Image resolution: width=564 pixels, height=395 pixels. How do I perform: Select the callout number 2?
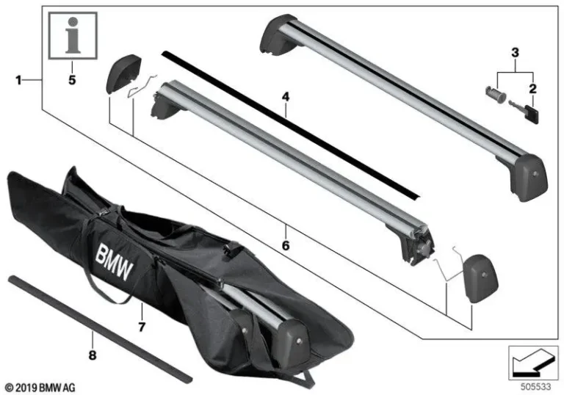[532, 88]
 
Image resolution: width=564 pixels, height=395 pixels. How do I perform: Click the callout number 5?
[73, 80]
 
